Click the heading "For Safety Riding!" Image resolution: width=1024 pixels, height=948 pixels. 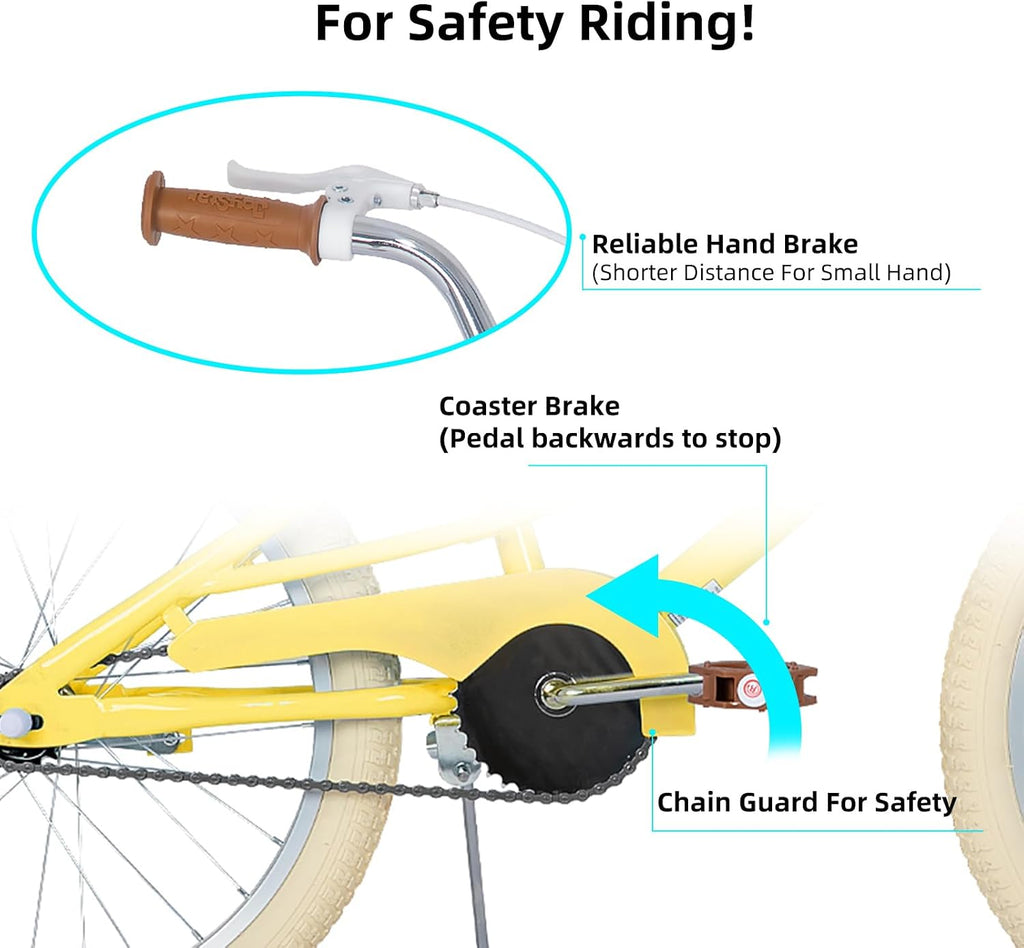[x=535, y=23]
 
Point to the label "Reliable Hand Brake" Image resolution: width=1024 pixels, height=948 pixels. [x=724, y=244]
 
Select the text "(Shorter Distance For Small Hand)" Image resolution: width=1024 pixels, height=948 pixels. [x=771, y=273]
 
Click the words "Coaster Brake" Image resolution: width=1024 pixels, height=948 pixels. [x=529, y=406]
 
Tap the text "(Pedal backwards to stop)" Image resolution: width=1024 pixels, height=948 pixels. [x=610, y=438]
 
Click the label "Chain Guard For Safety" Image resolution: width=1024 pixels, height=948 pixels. [x=807, y=802]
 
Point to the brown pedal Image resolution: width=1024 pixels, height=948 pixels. [x=751, y=686]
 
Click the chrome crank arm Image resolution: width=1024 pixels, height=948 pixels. [x=619, y=689]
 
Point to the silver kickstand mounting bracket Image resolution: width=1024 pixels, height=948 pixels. [x=452, y=751]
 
